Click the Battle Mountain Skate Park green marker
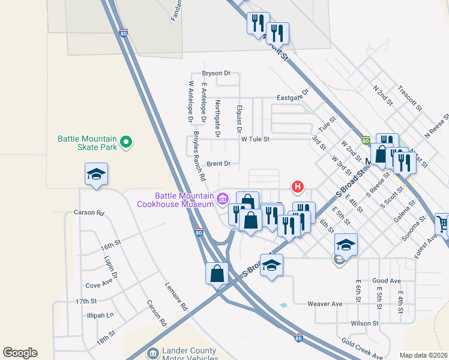(125, 142)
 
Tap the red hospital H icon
(297, 187)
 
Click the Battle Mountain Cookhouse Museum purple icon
(223, 198)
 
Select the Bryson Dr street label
(216, 73)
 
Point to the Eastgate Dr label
(292, 95)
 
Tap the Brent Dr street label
(218, 163)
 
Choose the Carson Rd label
(89, 212)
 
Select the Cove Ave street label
(100, 286)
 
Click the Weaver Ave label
(325, 304)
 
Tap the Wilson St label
(365, 323)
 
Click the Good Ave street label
(387, 281)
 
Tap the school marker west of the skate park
(96, 175)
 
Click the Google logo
(20, 353)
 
